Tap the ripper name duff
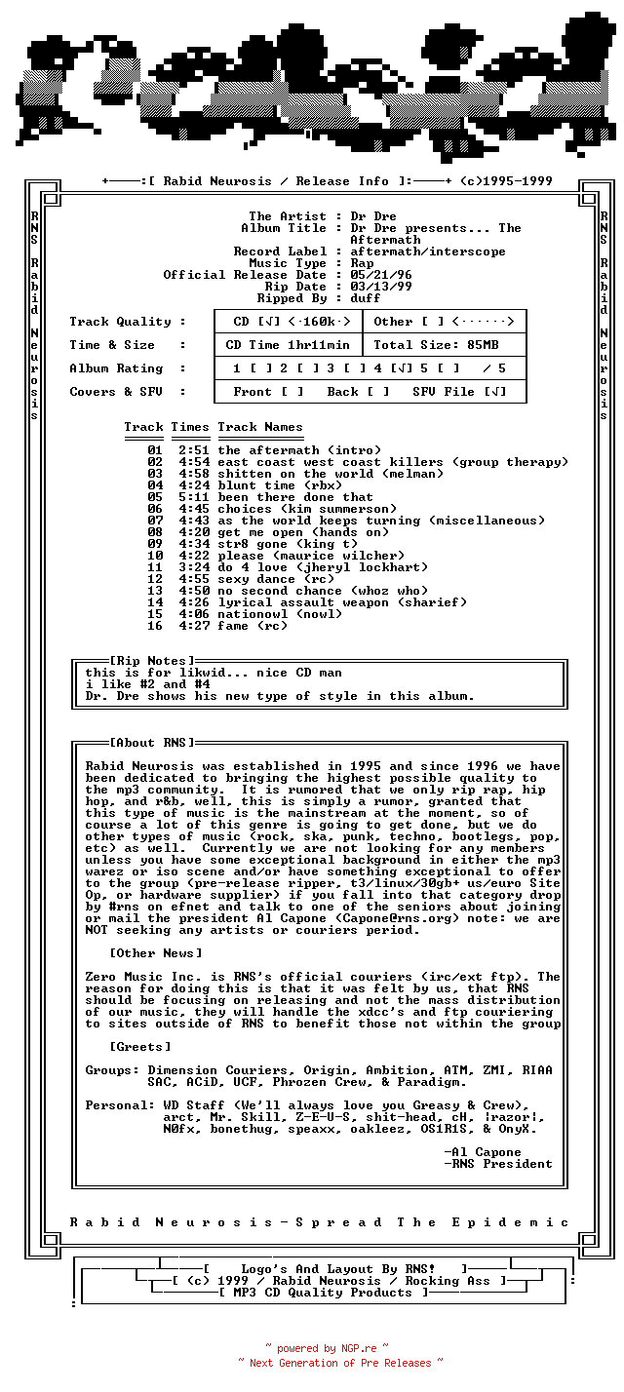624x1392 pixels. click(x=366, y=298)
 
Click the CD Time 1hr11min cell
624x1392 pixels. click(x=288, y=345)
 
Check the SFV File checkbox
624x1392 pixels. click(x=494, y=392)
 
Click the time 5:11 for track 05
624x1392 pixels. click(x=194, y=497)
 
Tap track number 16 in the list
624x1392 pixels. click(x=155, y=626)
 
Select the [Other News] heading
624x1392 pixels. click(x=156, y=953)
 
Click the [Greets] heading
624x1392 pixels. click(x=140, y=1047)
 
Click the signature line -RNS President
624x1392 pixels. click(x=498, y=1164)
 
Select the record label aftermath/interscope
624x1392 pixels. click(x=428, y=251)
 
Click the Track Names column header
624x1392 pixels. click(x=260, y=427)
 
